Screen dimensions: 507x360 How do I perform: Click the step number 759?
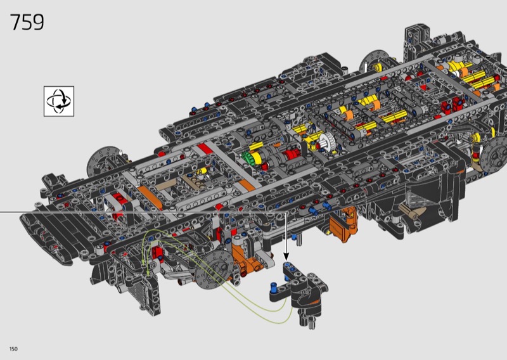coord(27,22)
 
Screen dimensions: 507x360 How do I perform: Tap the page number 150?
coord(13,349)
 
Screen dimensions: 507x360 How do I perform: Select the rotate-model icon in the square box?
coord(59,101)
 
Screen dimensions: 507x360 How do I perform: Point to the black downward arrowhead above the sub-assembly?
coord(286,257)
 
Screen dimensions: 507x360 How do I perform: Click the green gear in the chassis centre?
coord(247,158)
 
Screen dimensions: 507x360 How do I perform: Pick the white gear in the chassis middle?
coord(328,142)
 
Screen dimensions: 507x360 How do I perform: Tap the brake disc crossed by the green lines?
coord(214,269)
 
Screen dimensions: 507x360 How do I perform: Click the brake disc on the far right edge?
coord(494,155)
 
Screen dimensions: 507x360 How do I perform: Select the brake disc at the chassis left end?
coord(103,162)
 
